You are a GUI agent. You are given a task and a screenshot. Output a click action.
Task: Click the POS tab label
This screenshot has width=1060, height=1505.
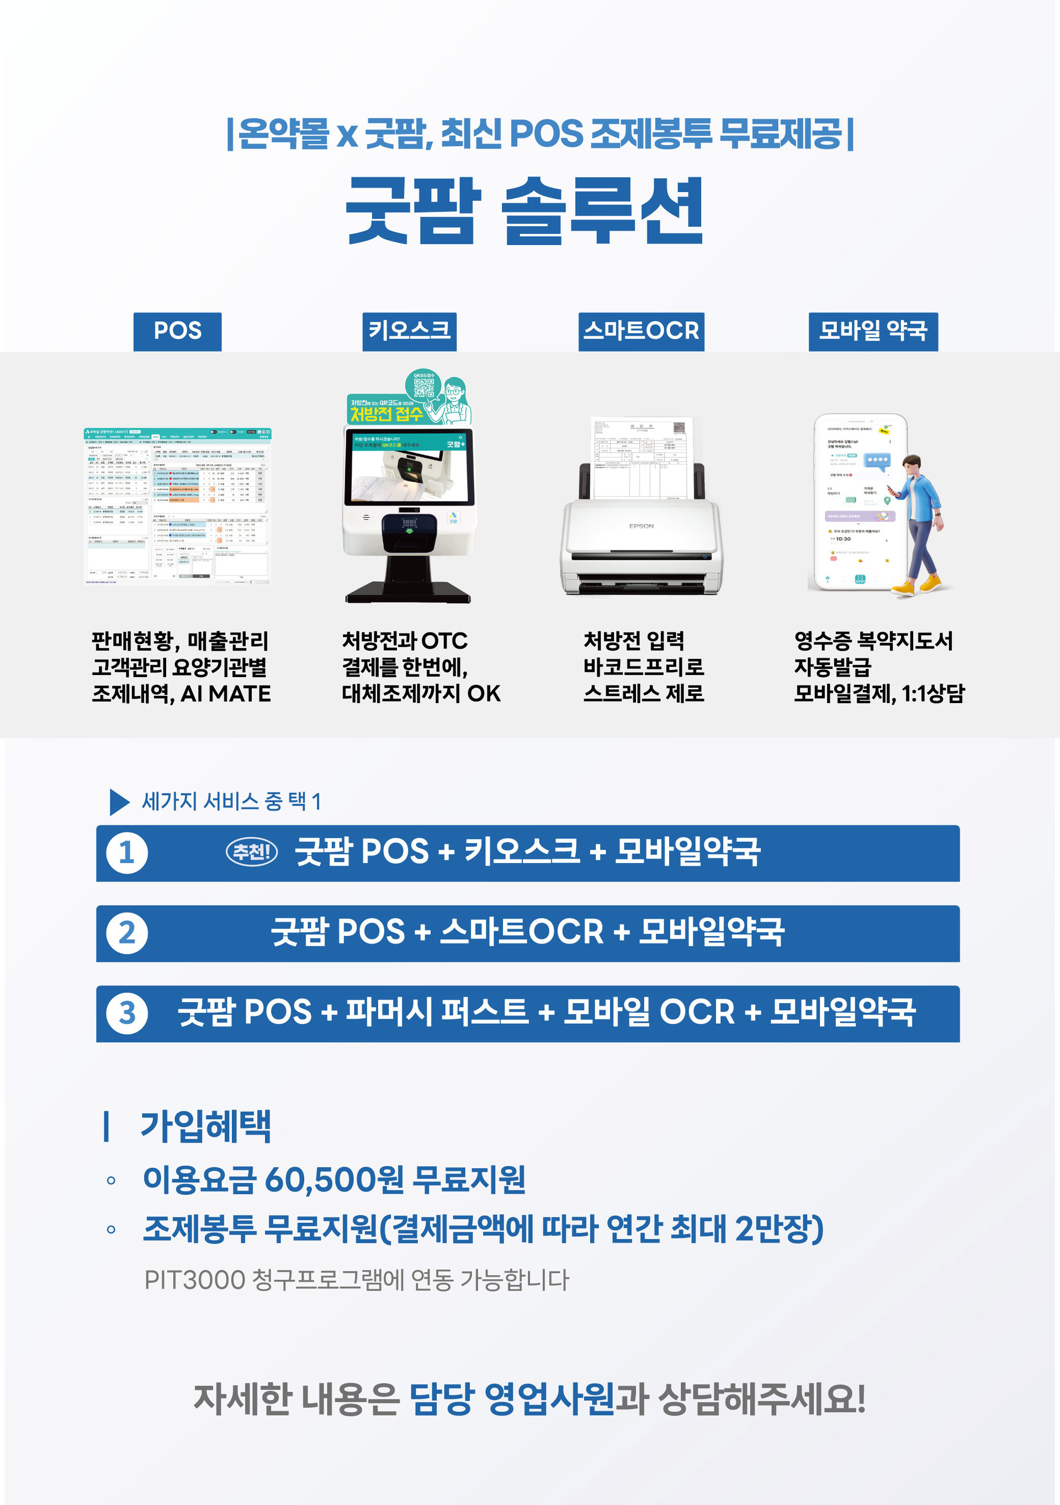[177, 331]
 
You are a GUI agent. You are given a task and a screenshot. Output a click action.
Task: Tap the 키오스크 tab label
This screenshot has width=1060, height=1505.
[409, 331]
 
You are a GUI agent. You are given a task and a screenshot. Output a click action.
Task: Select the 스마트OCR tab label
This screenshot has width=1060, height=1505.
[641, 331]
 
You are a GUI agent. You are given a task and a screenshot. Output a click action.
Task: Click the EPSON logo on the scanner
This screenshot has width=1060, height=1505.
[641, 526]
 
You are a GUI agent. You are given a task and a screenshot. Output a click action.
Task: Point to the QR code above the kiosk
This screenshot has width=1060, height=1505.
[423, 389]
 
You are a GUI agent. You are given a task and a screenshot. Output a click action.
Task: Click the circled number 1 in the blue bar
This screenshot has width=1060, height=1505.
[127, 853]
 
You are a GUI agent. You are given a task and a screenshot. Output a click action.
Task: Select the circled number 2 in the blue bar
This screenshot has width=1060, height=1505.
[127, 933]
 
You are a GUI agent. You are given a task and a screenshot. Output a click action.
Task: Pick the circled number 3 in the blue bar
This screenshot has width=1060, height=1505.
[127, 1013]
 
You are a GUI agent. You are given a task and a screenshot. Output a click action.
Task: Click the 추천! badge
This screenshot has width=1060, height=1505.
[252, 852]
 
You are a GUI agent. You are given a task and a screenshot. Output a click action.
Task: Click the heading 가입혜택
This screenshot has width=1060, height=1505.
[205, 1126]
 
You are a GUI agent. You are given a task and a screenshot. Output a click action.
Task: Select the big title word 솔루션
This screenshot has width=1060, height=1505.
[602, 211]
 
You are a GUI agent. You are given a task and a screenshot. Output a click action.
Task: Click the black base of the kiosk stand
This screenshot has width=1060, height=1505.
[408, 591]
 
